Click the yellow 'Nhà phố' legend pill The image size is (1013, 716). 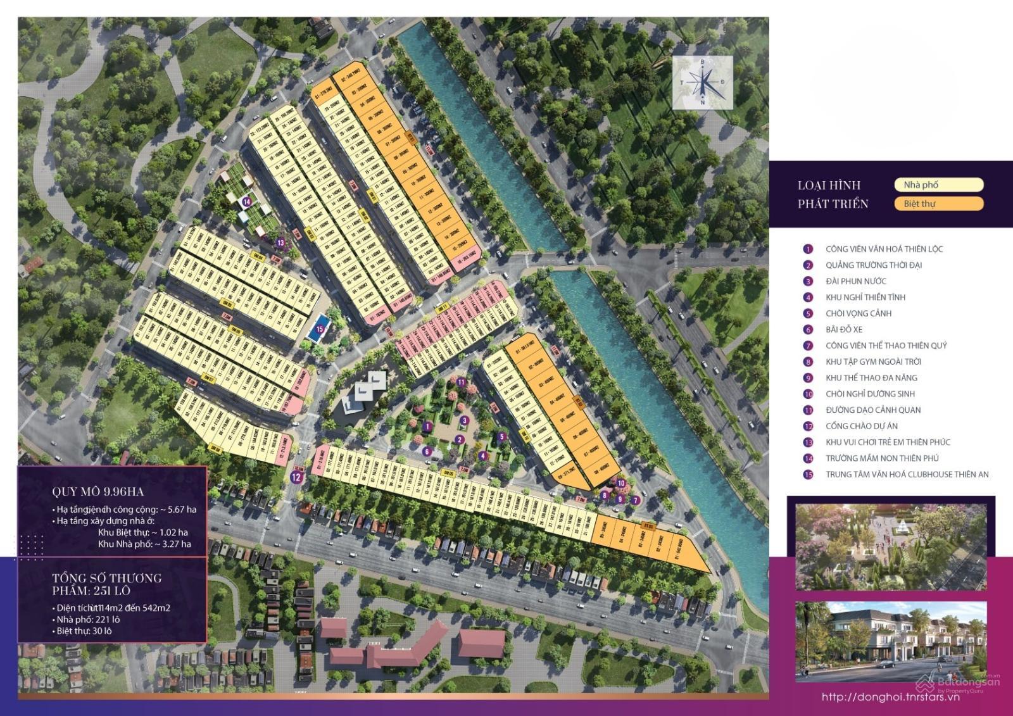938,185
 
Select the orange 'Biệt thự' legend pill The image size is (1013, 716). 938,204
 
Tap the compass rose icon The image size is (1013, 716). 703,82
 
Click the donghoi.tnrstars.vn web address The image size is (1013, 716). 890,697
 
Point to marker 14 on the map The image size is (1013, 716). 246,202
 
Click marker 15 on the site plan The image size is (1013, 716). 320,329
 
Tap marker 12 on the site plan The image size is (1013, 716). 296,477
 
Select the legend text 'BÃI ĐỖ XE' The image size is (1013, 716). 843,329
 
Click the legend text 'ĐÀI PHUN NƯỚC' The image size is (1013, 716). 855,281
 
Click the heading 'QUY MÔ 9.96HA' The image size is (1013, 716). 98,491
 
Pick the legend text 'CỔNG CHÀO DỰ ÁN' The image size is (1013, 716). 861,426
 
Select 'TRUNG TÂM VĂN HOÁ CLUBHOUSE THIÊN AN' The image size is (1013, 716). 907,474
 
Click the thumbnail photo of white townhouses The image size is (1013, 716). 890,641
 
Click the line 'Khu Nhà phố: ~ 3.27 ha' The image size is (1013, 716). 144,544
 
